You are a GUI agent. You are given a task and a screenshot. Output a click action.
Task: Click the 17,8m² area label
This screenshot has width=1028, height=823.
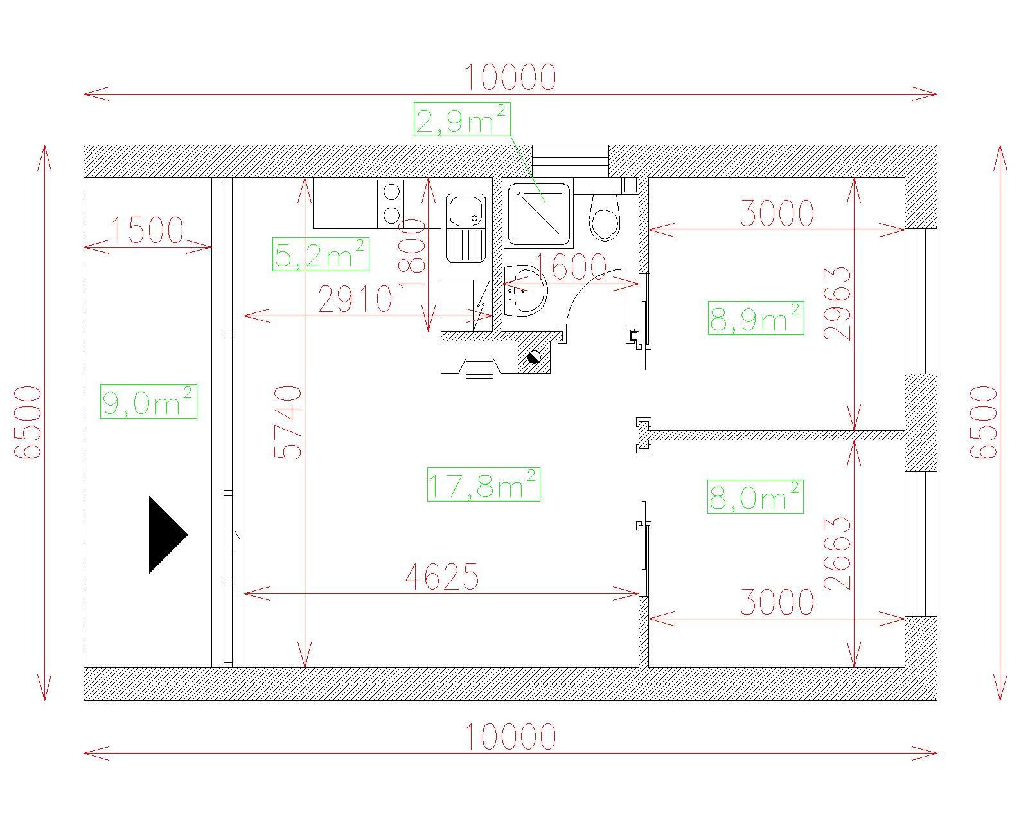click(483, 484)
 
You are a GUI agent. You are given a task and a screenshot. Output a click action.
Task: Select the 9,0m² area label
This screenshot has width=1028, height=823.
click(148, 402)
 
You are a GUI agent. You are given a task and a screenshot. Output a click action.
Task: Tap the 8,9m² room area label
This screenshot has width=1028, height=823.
click(756, 318)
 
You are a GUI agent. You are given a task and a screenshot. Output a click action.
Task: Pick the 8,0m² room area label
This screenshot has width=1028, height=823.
click(755, 496)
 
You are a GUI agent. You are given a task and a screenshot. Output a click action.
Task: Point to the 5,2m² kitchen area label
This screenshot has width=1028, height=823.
click(321, 254)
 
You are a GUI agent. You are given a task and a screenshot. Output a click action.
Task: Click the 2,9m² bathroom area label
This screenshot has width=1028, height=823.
click(462, 120)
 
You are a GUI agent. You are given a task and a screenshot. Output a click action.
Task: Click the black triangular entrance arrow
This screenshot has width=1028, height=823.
click(168, 534)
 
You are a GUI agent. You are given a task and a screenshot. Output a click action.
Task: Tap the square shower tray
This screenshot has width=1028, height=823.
click(539, 214)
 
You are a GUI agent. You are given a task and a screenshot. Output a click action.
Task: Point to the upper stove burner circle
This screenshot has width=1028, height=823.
click(392, 192)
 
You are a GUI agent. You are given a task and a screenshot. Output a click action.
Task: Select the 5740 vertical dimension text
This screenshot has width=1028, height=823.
click(288, 422)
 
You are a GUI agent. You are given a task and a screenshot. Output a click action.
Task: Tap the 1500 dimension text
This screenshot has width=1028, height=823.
click(147, 230)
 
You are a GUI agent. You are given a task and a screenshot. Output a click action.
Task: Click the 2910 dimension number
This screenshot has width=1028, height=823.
click(355, 300)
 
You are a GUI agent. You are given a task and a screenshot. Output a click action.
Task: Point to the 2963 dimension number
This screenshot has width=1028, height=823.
click(837, 303)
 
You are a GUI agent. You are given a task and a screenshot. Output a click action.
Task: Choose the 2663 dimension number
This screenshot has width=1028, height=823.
click(837, 554)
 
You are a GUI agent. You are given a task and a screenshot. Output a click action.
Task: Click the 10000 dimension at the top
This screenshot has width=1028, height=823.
click(510, 77)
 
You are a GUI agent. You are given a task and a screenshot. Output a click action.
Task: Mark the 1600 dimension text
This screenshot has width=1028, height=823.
click(570, 266)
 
